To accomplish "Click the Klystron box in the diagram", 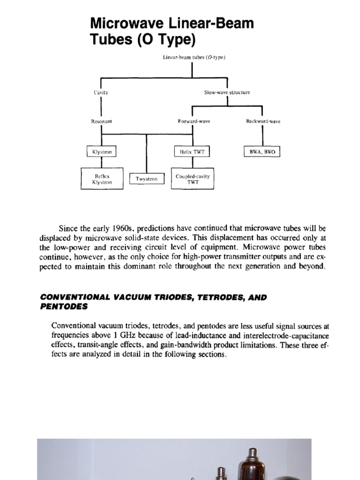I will click(x=102, y=152).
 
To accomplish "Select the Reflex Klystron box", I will click(x=102, y=179).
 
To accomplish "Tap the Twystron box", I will click(x=147, y=179).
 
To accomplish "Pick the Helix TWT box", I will click(x=192, y=152).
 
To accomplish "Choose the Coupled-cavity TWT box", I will click(x=193, y=179).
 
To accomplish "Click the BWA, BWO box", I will click(x=262, y=152).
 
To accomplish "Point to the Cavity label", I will click(x=101, y=92).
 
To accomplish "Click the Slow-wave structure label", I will click(x=227, y=92).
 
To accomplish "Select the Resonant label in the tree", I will click(x=101, y=121).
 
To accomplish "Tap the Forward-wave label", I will click(x=194, y=121).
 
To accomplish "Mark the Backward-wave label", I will click(x=263, y=121).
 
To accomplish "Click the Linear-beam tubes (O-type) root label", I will click(x=194, y=57).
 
